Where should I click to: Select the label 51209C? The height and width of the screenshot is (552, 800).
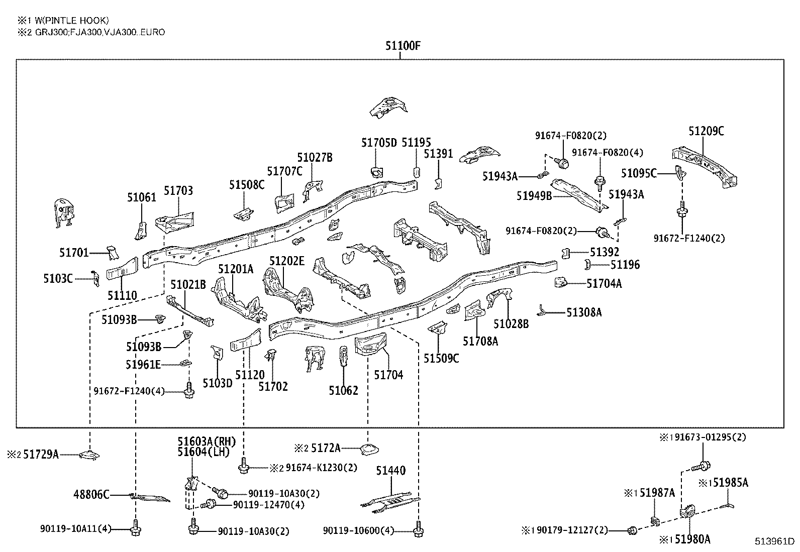(706, 131)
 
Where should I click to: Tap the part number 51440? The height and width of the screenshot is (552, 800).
(391, 471)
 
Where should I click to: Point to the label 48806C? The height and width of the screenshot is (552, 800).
(92, 495)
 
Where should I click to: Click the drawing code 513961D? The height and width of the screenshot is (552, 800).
(774, 542)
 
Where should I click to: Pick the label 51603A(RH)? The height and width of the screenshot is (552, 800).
(206, 441)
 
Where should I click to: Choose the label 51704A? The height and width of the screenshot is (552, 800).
(604, 284)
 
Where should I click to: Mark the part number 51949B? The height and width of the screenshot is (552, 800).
(534, 195)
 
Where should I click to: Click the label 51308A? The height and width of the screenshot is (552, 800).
(584, 312)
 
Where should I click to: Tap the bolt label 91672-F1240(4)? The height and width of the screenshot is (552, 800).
(129, 391)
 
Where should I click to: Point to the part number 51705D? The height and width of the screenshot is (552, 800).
(379, 143)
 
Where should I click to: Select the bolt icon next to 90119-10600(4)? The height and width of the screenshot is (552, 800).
(418, 529)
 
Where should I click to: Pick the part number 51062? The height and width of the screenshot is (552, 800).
(344, 390)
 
